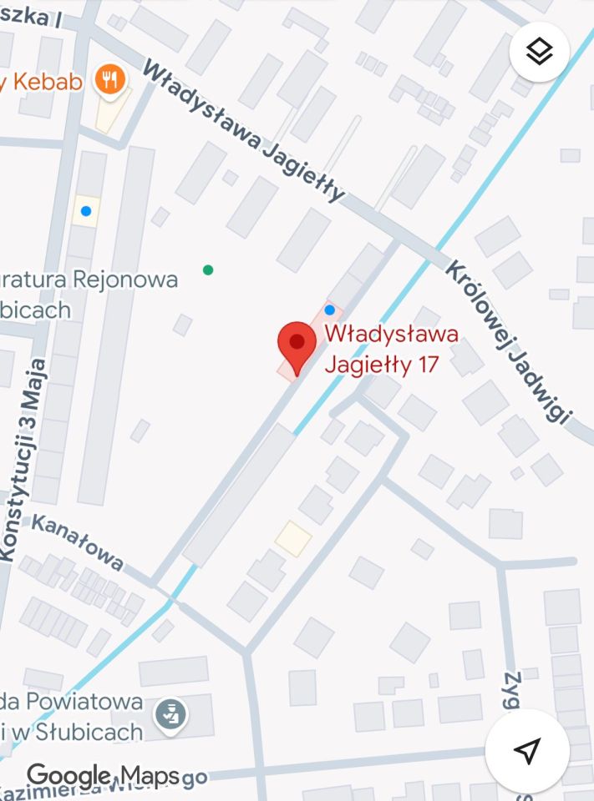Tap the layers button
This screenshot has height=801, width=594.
pyautogui.click(x=540, y=52)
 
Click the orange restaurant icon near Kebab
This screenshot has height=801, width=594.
pyautogui.click(x=110, y=80)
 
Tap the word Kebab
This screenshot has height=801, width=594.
pyautogui.click(x=46, y=82)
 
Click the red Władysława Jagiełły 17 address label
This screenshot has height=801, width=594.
pyautogui.click(x=391, y=349)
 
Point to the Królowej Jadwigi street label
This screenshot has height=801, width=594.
pyautogui.click(x=509, y=343)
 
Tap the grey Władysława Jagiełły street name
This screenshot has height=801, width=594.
pyautogui.click(x=243, y=131)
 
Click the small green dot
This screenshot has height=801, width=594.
pyautogui.click(x=208, y=270)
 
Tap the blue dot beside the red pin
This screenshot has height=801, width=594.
pyautogui.click(x=329, y=310)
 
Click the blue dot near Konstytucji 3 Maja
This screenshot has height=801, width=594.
pyautogui.click(x=86, y=211)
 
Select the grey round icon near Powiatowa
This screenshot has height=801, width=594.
pyautogui.click(x=171, y=713)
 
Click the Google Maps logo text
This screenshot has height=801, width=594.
pyautogui.click(x=104, y=775)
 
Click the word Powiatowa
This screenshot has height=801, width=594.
pyautogui.click(x=84, y=702)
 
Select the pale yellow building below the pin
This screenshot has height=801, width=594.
pyautogui.click(x=293, y=538)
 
